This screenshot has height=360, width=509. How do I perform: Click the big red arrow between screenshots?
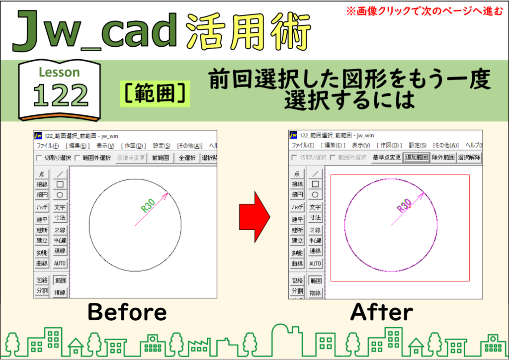[254, 217]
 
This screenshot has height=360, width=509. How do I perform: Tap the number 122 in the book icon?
[61, 95]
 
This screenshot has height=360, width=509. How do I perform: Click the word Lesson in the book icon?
[60, 72]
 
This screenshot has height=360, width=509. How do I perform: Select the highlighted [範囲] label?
[155, 94]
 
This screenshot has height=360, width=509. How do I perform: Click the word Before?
[127, 312]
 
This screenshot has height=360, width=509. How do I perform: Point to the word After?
[382, 312]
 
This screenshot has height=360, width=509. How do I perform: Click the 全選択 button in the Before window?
[187, 158]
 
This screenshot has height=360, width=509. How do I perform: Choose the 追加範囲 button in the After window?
[417, 158]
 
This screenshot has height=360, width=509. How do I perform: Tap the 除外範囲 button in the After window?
[443, 158]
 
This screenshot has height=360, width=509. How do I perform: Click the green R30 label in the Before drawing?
[148, 205]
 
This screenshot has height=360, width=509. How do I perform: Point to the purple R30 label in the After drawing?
[404, 205]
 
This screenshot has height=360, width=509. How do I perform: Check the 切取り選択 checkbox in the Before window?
[39, 158]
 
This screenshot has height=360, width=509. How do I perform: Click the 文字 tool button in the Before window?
[60, 207]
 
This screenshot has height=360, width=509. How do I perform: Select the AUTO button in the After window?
[315, 264]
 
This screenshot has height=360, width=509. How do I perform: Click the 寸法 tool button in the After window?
[315, 217]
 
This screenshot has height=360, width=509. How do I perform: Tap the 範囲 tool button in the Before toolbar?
[60, 280]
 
